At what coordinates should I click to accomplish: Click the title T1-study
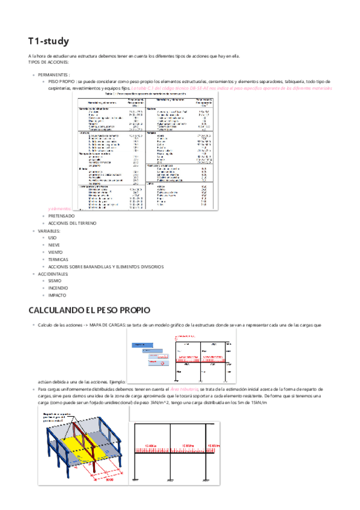(x=49, y=41)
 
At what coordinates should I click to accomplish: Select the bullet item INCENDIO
(x=58, y=289)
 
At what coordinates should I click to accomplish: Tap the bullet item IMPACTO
(x=57, y=296)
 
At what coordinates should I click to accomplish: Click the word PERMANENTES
(x=53, y=74)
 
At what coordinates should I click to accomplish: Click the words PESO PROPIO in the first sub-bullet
(x=62, y=81)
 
